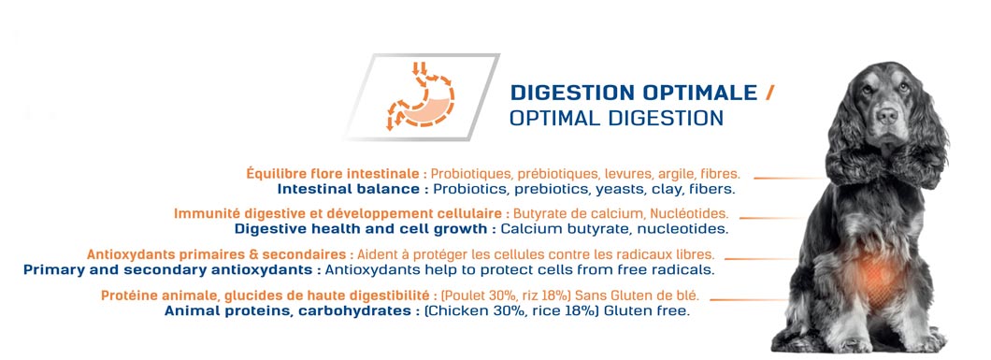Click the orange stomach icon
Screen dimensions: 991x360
point(420,96)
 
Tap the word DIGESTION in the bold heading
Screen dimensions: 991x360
point(573,93)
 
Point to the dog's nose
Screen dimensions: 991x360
point(887,115)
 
